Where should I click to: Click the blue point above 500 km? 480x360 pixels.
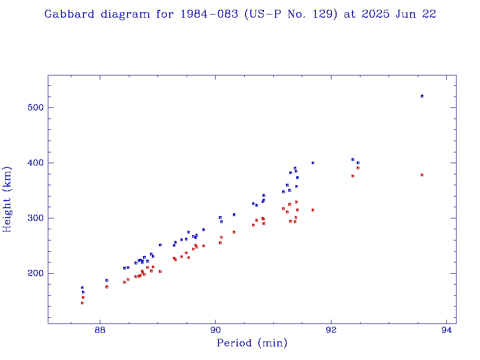pyautogui.click(x=422, y=96)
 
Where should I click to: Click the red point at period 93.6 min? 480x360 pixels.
pyautogui.click(x=422, y=175)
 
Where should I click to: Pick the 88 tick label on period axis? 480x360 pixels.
pyautogui.click(x=100, y=330)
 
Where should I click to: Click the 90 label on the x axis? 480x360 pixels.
pyautogui.click(x=216, y=330)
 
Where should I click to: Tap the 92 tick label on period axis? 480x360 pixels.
pyautogui.click(x=331, y=330)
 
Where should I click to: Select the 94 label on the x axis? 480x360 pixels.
pyautogui.click(x=447, y=330)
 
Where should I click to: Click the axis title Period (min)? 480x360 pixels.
pyautogui.click(x=252, y=343)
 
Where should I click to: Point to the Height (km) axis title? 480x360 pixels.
pyautogui.click(x=7, y=199)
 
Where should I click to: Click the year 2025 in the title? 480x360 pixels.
pyautogui.click(x=373, y=14)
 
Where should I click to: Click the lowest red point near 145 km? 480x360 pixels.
pyautogui.click(x=82, y=303)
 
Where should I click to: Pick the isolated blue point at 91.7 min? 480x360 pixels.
pyautogui.click(x=313, y=163)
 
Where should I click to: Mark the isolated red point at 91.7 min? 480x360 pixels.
pyautogui.click(x=313, y=210)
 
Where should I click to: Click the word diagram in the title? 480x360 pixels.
pyautogui.click(x=125, y=15)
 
